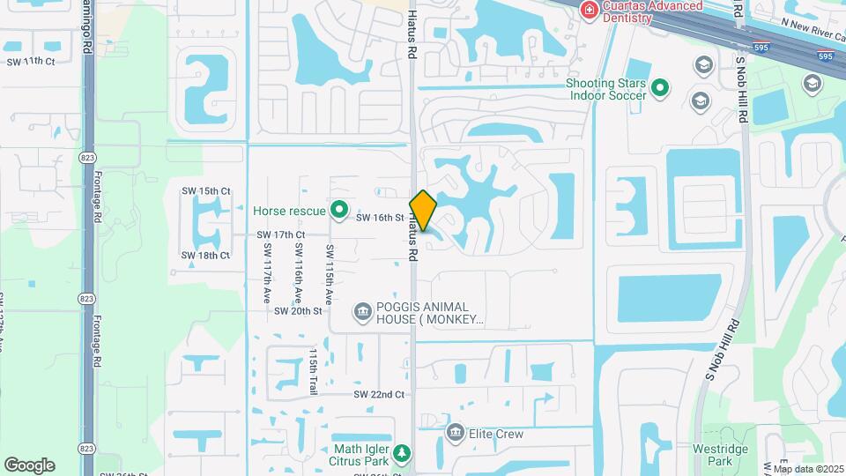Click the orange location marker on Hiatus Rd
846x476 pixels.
(423, 211)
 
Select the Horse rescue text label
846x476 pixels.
(289, 211)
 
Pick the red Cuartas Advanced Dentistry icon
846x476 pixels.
(588, 11)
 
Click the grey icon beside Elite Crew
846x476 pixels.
(456, 433)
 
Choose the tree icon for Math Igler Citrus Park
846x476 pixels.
(402, 453)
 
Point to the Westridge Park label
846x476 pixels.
(720, 455)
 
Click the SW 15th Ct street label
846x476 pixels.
(205, 191)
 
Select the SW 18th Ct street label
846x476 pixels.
(205, 256)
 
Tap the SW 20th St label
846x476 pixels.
(299, 311)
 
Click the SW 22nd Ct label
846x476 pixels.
(379, 394)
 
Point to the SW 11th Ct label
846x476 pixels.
(31, 62)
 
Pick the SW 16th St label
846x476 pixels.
(380, 217)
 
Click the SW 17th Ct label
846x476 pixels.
(280, 235)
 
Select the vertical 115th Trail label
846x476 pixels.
(313, 371)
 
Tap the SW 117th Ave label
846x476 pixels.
(266, 273)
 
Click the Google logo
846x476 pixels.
(29, 465)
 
